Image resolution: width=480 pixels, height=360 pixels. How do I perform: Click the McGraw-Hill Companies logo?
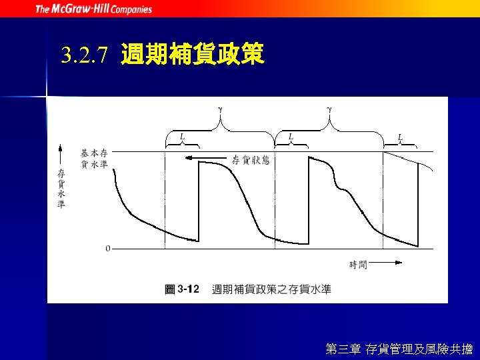[93, 9]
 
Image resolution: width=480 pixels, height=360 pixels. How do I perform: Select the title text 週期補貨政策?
[193, 54]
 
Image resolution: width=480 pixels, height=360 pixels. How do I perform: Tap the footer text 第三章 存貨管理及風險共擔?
[399, 349]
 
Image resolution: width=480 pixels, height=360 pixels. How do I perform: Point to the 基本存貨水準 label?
[94, 159]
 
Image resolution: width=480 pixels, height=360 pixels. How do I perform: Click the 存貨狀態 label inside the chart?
[251, 159]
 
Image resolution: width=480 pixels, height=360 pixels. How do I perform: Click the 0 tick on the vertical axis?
[108, 249]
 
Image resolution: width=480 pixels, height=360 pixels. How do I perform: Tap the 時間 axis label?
[358, 265]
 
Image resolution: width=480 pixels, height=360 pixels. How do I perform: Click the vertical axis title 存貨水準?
[61, 189]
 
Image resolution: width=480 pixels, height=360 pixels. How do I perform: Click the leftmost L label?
[182, 137]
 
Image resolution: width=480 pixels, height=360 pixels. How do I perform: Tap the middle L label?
[291, 137]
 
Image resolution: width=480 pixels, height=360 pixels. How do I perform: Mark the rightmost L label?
[400, 138]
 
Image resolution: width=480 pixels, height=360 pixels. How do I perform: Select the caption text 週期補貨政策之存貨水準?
[271, 289]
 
